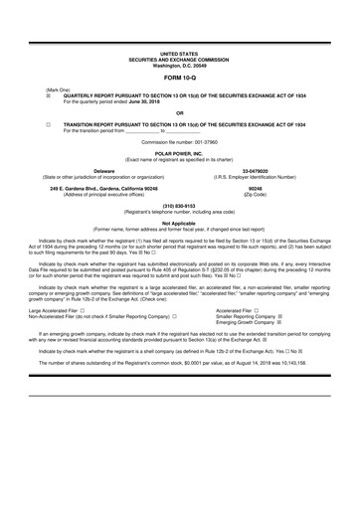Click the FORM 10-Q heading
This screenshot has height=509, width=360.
pos(179,77)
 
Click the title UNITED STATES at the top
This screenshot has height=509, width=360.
pos(179,51)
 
